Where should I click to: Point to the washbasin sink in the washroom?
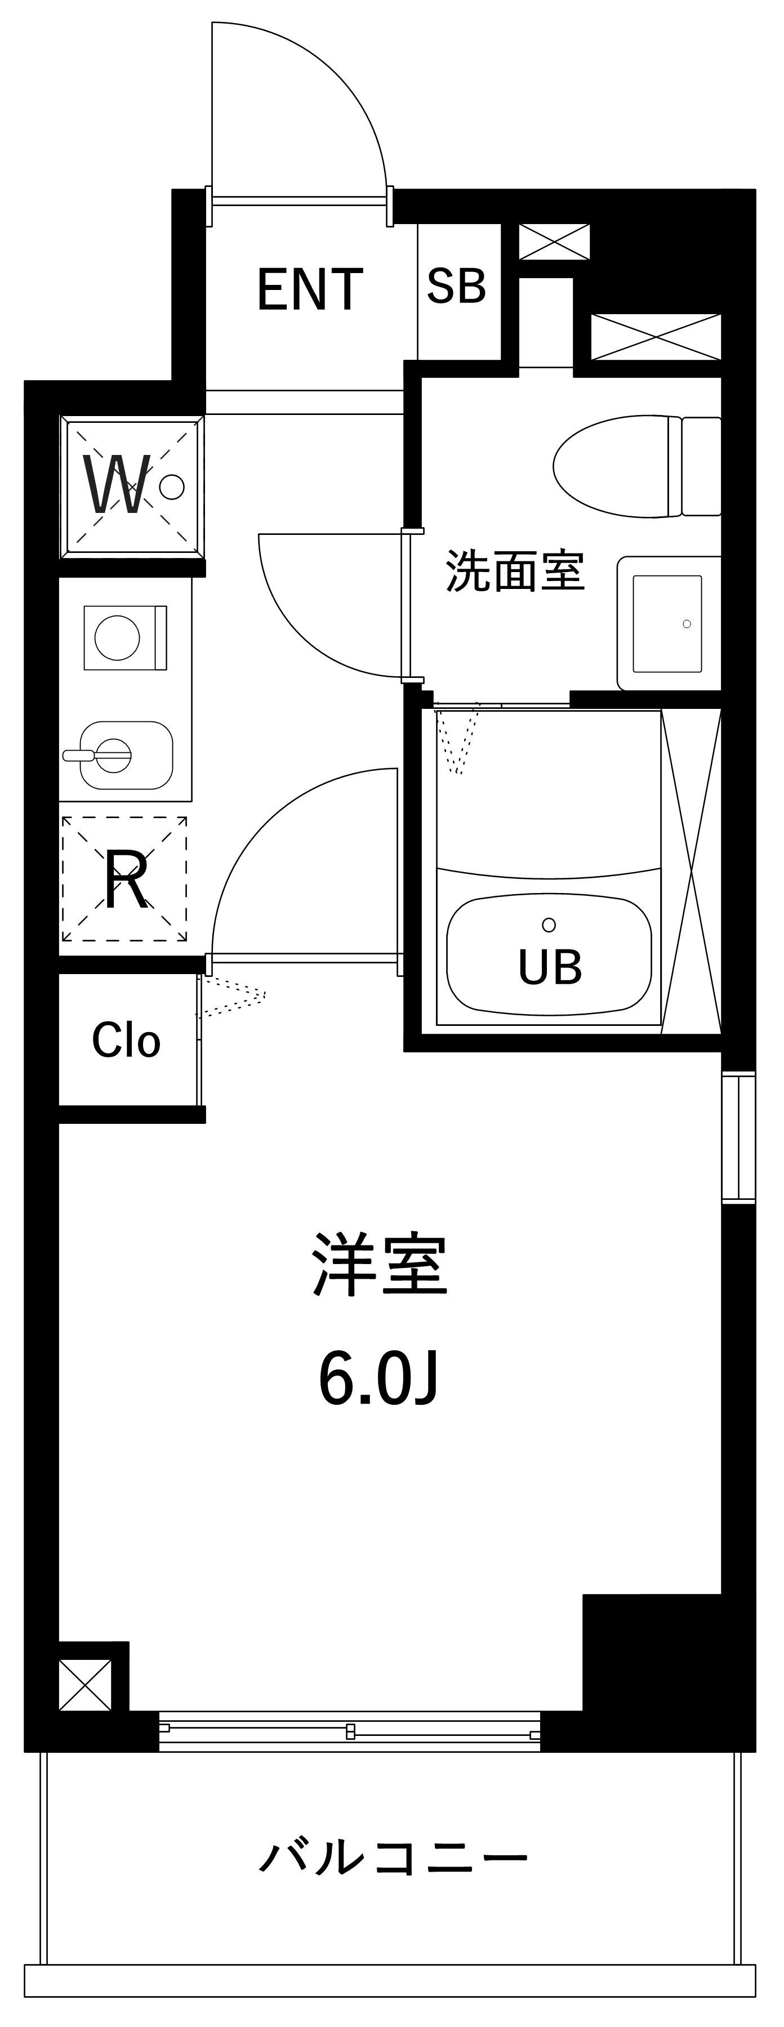tap(669, 623)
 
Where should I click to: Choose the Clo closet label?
tap(126, 1041)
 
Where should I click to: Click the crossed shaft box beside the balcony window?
tap(85, 1685)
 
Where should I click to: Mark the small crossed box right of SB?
tap(554, 242)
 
